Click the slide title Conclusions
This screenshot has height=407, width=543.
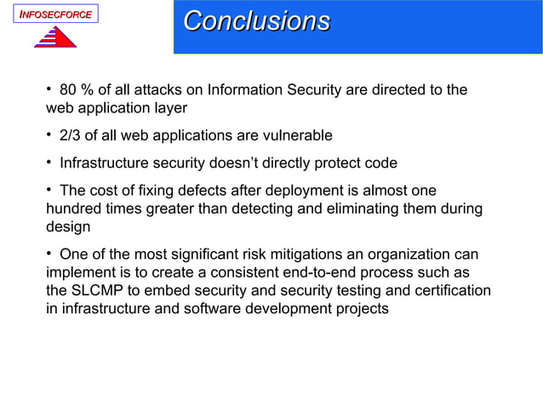[x=256, y=21]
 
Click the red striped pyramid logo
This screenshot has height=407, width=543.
[x=54, y=37]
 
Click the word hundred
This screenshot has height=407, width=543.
[x=72, y=209]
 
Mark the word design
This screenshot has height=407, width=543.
[x=67, y=228]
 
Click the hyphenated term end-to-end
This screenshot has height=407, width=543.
[x=322, y=272]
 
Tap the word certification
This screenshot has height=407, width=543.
[x=452, y=291]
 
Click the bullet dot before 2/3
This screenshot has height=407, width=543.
[x=50, y=135]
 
